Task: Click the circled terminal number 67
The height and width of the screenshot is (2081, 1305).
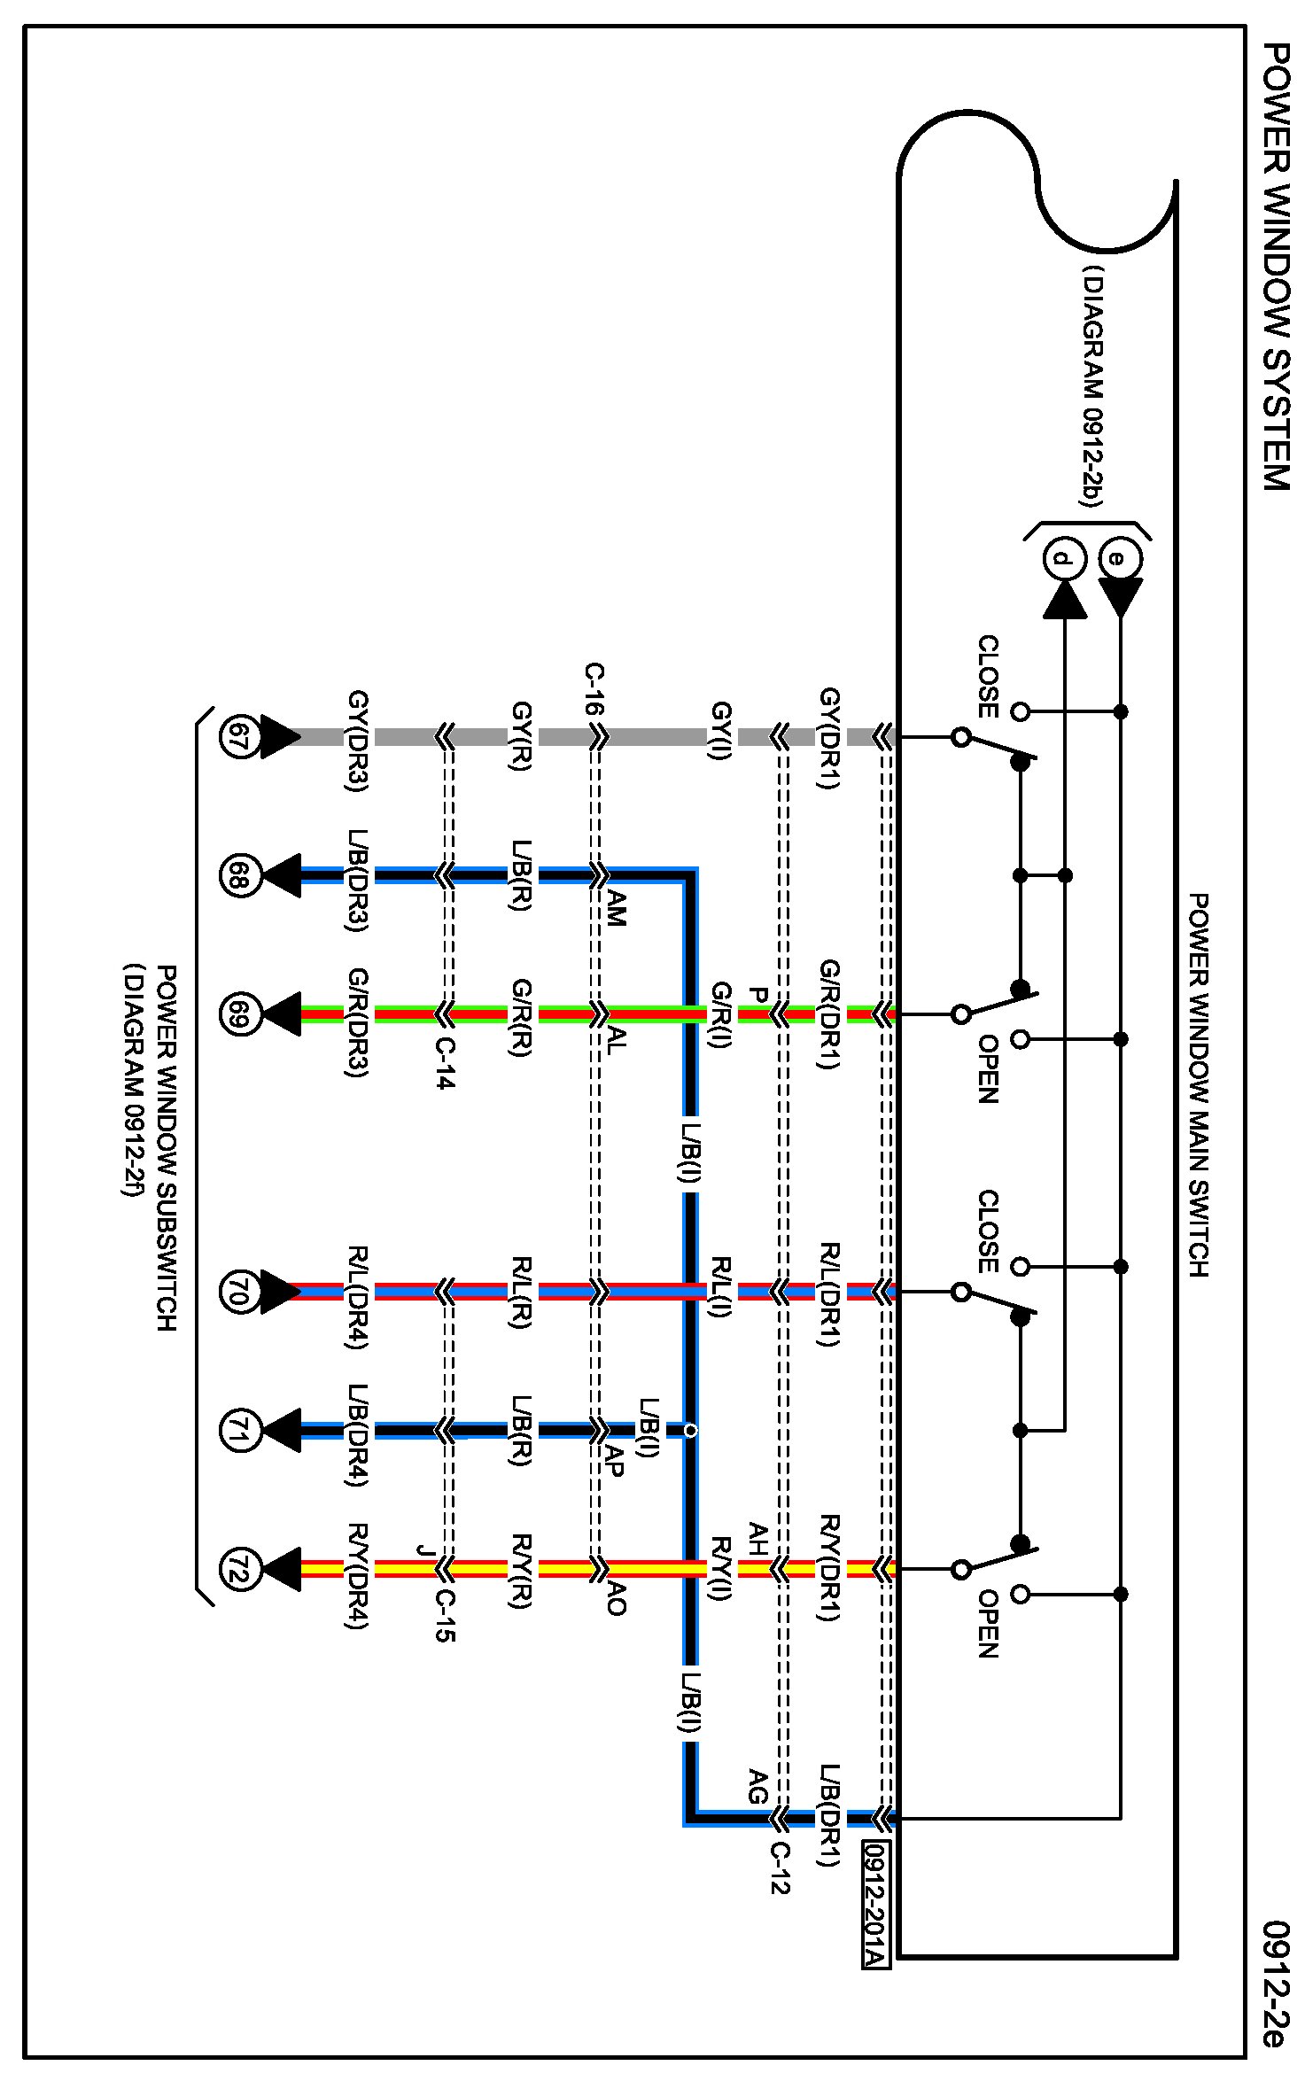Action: click(x=239, y=736)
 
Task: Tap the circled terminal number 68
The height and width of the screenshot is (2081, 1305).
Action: click(x=239, y=876)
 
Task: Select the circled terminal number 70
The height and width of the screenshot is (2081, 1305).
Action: click(x=239, y=1292)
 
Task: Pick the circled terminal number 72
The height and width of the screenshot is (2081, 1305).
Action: click(x=239, y=1570)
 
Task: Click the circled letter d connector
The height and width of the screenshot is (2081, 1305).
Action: click(x=1065, y=559)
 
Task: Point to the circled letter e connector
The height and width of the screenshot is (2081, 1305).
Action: click(x=1120, y=559)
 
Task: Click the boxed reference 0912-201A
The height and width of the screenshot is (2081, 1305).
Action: click(x=875, y=1904)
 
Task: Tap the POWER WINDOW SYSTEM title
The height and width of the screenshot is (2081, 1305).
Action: click(x=1276, y=266)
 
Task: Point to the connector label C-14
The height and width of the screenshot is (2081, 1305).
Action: click(x=445, y=1063)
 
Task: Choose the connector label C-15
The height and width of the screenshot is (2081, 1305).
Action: click(x=445, y=1616)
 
